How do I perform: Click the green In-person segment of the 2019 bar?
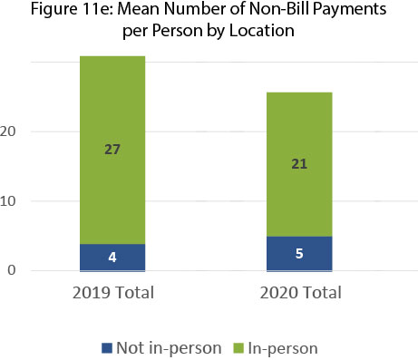click(x=112, y=109)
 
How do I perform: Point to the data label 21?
click(x=299, y=162)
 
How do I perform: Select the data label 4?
click(x=112, y=257)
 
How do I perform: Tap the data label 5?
click(x=299, y=253)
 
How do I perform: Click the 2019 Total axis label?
click(x=112, y=293)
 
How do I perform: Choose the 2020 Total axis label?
click(x=299, y=293)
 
